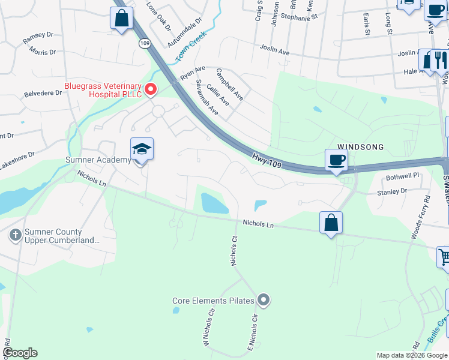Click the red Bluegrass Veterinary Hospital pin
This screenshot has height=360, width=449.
point(151,90)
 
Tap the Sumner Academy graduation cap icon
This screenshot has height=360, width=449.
point(142,149)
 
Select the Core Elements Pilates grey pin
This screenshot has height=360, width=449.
point(264,300)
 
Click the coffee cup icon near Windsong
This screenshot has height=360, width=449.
point(336,160)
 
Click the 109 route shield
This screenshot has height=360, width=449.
point(145,43)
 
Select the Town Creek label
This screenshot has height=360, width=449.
point(191,47)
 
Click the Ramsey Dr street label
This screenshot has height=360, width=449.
point(38,39)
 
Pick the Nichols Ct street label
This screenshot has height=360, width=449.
point(235,250)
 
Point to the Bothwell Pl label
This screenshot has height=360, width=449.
point(402,176)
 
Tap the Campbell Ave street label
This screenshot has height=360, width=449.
point(230,84)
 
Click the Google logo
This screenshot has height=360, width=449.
point(20,353)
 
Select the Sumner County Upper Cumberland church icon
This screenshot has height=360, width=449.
point(16,233)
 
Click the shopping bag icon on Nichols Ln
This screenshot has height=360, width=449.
point(331,223)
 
